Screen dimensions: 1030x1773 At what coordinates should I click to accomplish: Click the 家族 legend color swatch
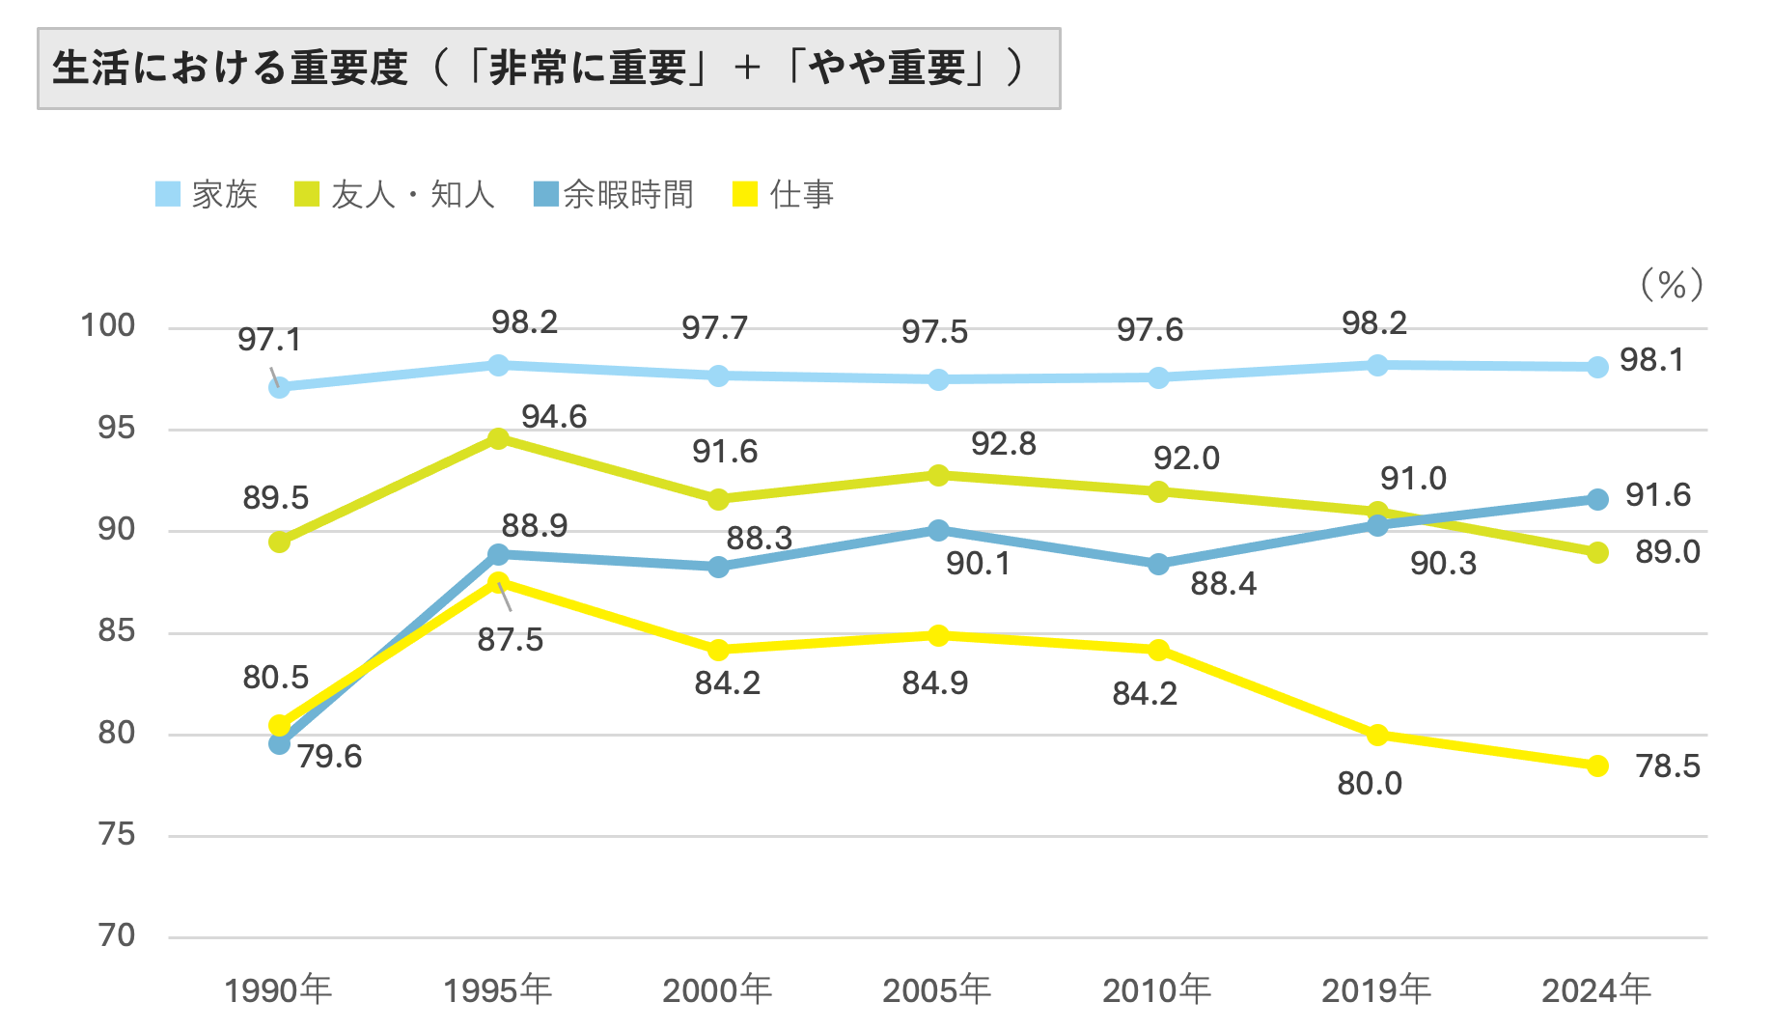[168, 194]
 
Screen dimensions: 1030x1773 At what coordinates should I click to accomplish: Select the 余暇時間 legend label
[628, 194]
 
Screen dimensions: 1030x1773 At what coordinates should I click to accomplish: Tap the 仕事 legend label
[801, 194]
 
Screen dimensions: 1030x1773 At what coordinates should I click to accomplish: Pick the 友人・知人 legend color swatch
[306, 194]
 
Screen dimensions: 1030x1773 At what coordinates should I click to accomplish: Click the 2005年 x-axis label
[936, 990]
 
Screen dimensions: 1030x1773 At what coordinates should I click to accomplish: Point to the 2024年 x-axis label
[1596, 990]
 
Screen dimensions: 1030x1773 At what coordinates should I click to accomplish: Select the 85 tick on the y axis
[117, 631]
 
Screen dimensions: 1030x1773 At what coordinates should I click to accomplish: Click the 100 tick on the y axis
[108, 325]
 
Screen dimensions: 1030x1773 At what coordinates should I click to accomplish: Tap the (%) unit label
[1672, 285]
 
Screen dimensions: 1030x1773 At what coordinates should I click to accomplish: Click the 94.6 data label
[554, 417]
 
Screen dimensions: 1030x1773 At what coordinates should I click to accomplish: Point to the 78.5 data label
[1667, 766]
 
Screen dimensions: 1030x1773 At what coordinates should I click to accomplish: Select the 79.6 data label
[329, 757]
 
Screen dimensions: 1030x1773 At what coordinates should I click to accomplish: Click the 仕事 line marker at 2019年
[1377, 736]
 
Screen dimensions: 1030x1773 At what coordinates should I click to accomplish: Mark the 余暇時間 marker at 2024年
[1597, 499]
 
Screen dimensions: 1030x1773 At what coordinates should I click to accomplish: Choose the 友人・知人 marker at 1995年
[498, 439]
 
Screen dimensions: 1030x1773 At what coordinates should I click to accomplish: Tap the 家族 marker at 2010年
[1158, 378]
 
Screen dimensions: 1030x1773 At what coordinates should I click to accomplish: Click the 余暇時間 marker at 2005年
[938, 531]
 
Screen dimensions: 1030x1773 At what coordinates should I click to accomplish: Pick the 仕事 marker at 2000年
[718, 650]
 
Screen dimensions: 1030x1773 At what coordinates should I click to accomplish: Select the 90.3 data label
[1443, 564]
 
